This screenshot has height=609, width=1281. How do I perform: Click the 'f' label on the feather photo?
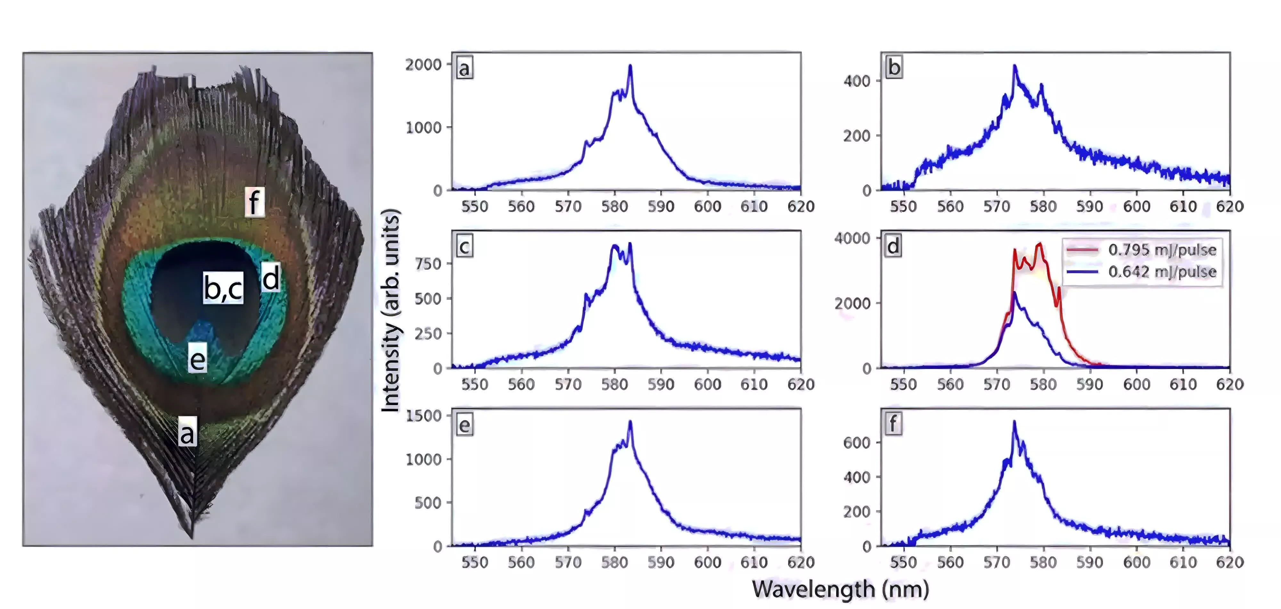click(254, 202)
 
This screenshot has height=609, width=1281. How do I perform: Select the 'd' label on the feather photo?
click(271, 278)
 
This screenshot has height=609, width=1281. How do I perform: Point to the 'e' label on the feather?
click(197, 359)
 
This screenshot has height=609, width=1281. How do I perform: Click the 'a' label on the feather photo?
click(187, 431)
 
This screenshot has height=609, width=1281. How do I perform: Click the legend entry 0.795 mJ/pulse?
click(1162, 250)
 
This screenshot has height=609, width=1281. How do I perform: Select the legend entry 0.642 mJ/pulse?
click(1162, 272)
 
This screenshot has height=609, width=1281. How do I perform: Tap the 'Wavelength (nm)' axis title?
click(840, 589)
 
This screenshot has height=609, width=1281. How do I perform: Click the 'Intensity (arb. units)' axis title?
click(391, 310)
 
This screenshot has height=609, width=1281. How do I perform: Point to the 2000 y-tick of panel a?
click(423, 65)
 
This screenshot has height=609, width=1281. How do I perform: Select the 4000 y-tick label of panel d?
click(852, 238)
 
